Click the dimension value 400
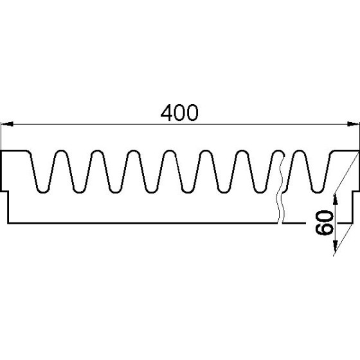180,113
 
